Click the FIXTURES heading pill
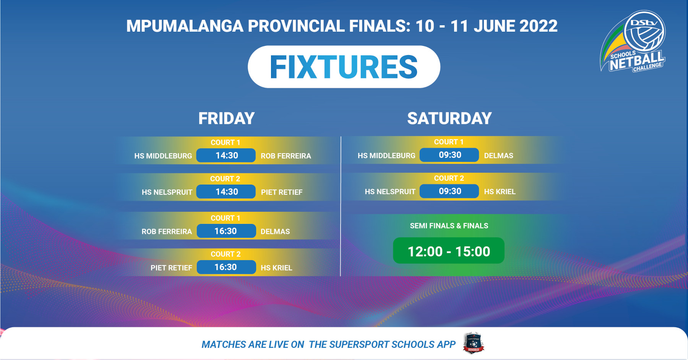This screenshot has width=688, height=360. point(344,67)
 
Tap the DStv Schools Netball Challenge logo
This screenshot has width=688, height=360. point(633,41)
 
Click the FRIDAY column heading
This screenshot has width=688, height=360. point(226,118)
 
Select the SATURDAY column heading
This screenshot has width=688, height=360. point(449,118)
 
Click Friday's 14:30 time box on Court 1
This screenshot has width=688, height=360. point(226,156)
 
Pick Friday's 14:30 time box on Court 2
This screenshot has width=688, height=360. point(226,192)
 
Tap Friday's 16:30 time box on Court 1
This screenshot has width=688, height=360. point(226,231)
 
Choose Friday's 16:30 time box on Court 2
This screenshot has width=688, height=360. point(226,267)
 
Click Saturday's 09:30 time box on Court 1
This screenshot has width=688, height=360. point(449,155)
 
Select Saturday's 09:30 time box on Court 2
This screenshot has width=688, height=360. point(449,191)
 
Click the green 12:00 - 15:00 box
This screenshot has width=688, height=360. point(449,251)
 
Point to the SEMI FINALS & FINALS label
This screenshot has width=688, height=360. point(449,226)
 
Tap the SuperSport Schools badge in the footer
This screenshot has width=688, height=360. point(474,343)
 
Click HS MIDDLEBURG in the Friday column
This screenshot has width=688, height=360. point(163,156)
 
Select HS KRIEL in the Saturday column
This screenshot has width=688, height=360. point(500,192)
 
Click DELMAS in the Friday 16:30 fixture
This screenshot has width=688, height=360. point(275,232)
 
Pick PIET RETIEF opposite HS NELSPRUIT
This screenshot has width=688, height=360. point(282,192)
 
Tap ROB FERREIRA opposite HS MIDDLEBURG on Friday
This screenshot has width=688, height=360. point(286,156)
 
